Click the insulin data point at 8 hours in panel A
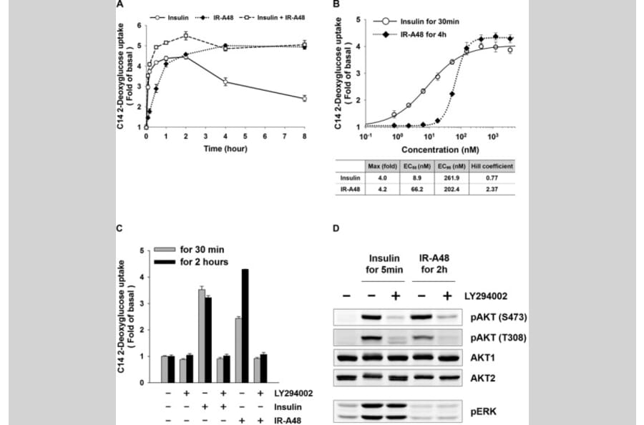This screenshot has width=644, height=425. click(304, 98)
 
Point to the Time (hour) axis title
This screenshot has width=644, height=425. click(224, 149)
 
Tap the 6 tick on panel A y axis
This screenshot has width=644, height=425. click(139, 26)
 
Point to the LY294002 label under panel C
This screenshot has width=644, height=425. click(294, 393)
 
